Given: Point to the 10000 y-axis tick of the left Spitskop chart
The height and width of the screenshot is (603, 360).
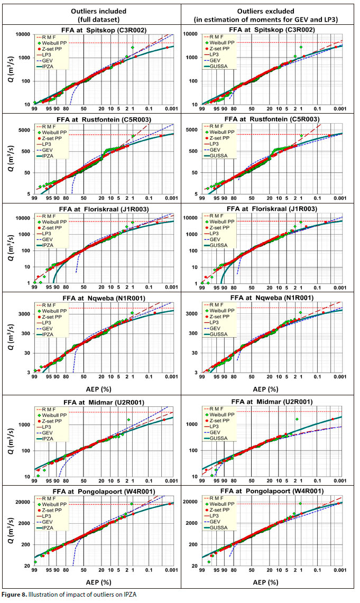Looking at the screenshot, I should pos(23,34).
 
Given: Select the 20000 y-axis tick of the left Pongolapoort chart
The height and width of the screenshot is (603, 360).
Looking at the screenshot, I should pos(23,502).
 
